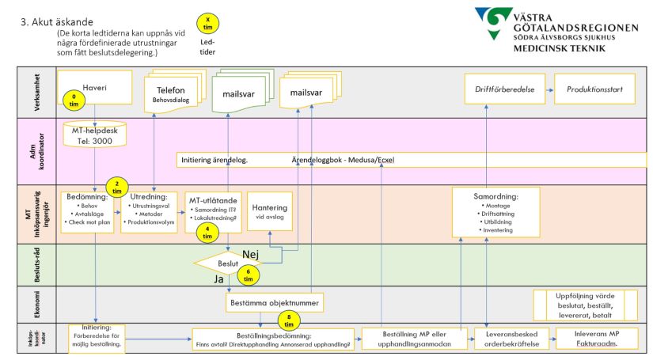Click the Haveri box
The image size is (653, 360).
coord(94,85)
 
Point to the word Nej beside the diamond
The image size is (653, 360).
coord(251,253)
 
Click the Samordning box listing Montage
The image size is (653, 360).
coord(495,212)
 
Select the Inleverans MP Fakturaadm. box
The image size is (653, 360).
coord(598,339)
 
